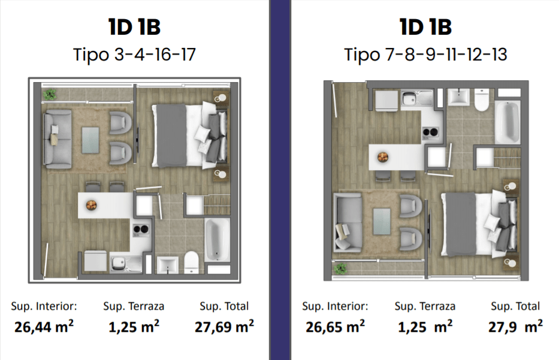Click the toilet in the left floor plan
point(192,262)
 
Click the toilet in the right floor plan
point(481,99)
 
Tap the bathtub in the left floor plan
point(217,240)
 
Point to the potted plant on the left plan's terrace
point(50,94)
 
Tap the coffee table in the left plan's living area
point(90,140)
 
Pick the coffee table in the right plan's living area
point(382,222)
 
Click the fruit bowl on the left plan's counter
point(91,205)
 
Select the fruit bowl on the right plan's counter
point(383,157)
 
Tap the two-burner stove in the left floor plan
point(141,229)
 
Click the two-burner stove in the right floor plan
point(430,132)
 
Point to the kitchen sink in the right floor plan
point(416,98)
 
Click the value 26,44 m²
point(44,326)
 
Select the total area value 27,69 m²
point(224,326)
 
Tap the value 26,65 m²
point(335,326)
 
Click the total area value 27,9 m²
point(515,326)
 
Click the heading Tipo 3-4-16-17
point(134,55)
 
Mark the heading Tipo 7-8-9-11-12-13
point(425,55)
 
